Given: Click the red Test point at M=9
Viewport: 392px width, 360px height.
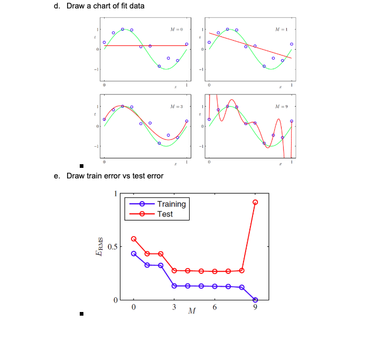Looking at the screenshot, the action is coord(255,202).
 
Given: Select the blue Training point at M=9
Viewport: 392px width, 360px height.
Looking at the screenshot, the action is coord(255,300).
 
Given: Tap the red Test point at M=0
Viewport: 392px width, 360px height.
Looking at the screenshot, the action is coord(134,239).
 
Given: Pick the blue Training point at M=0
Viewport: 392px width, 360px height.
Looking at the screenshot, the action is coord(134,253).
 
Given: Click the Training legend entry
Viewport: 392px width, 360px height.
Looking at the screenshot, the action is coord(157,204).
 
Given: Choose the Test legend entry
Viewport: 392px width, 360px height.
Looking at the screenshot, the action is coord(151,214).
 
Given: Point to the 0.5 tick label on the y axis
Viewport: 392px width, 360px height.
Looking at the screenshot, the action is coord(113,247).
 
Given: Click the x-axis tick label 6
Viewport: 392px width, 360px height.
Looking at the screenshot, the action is coord(214,307).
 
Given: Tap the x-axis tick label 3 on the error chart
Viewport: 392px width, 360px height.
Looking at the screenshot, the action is coord(174,307).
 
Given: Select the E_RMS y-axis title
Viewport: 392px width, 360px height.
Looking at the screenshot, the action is coord(99,247).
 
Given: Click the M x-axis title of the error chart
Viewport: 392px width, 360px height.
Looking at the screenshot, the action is coord(192,311).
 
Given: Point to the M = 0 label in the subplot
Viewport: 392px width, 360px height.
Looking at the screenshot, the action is coord(176,30).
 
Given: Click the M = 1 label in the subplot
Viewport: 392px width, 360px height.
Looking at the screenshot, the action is coord(282,30).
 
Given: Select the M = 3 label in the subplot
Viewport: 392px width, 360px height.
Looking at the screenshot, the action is coord(176,107).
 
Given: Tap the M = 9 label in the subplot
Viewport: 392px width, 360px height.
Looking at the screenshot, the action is coord(282,107).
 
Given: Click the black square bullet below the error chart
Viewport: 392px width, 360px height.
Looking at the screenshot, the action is coord(81,314).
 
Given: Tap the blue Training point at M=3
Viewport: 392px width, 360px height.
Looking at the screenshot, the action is coord(174,286).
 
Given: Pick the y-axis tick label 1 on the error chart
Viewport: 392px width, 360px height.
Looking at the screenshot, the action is coord(116,194).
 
